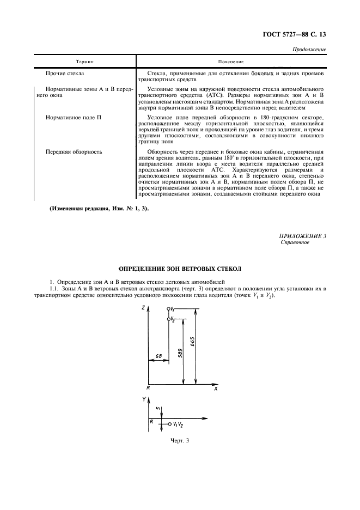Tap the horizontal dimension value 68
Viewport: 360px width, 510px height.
click(x=159, y=356)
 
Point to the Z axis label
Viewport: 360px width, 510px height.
click(x=142, y=308)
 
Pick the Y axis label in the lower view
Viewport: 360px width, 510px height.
click(x=143, y=399)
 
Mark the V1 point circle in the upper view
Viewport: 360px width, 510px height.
click(x=169, y=309)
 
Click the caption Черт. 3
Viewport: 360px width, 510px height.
click(x=179, y=440)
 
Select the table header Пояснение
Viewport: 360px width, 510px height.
click(x=230, y=62)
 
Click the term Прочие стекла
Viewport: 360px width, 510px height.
click(x=65, y=72)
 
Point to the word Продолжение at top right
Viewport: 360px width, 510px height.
click(x=309, y=50)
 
